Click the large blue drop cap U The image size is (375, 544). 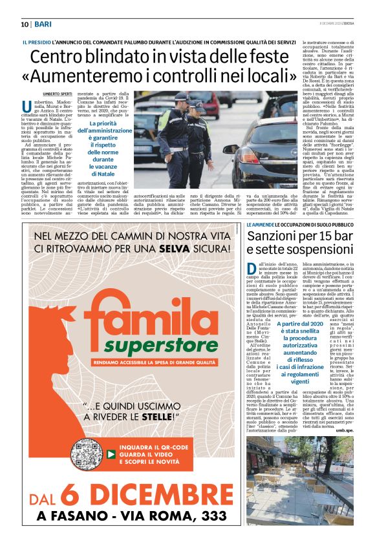27,107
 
